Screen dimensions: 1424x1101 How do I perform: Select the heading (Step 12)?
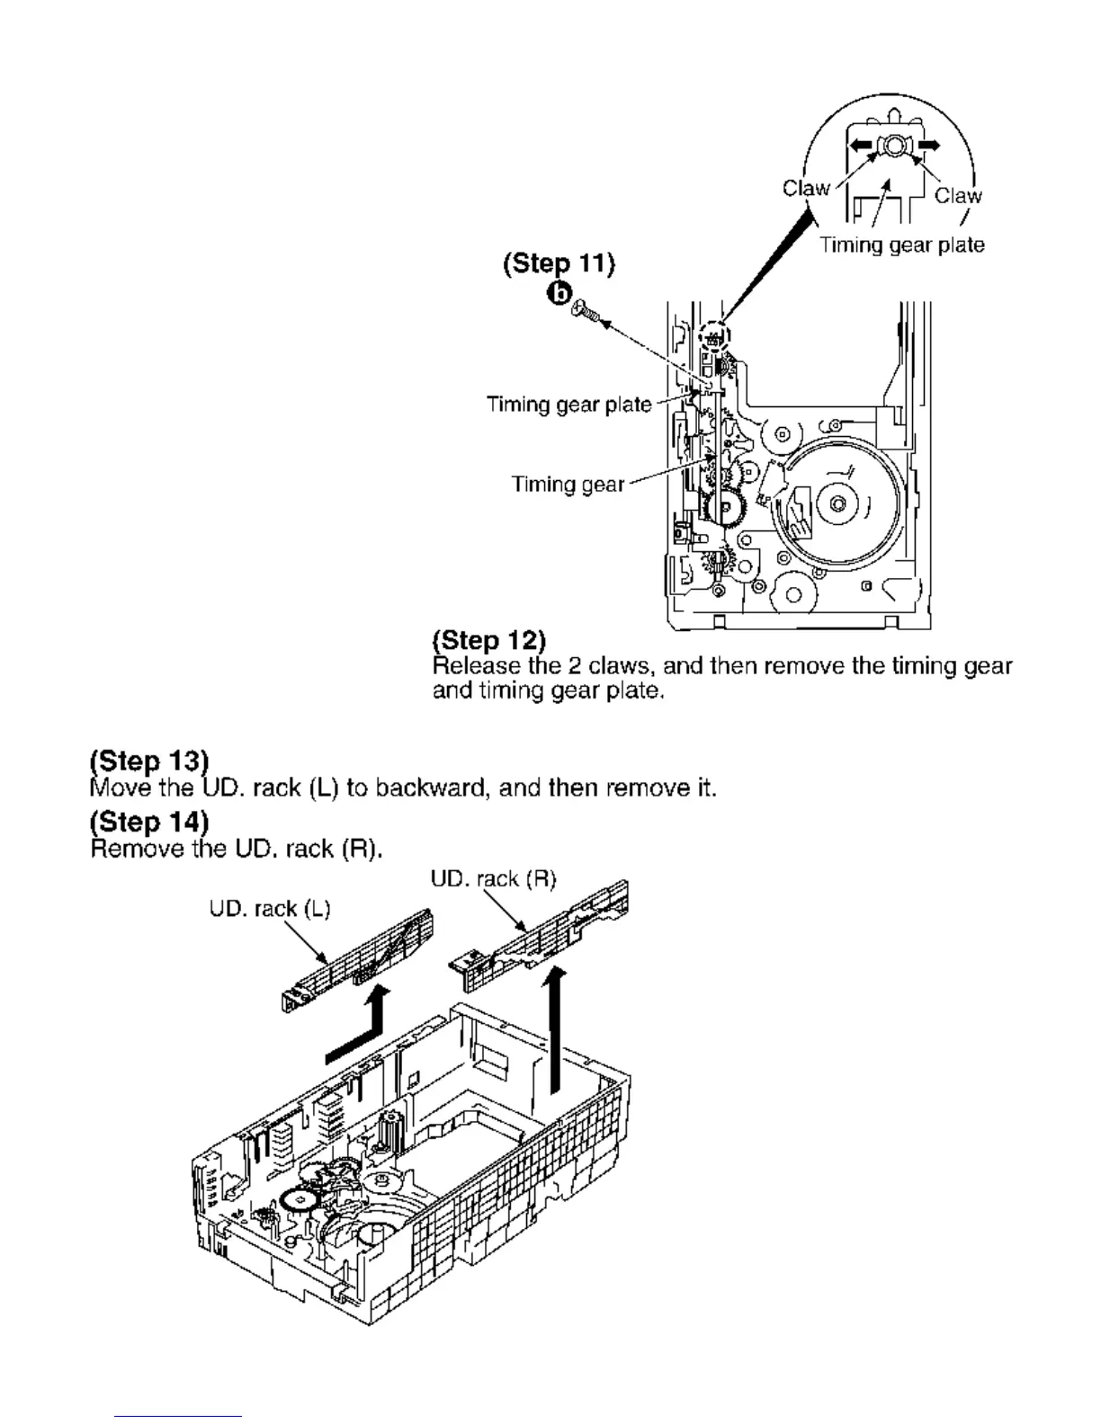488,640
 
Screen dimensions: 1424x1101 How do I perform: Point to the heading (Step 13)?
149,761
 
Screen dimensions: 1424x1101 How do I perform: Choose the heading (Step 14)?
149,822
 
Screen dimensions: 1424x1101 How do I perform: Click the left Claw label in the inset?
806,188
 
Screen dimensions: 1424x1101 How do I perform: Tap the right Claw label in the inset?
958,195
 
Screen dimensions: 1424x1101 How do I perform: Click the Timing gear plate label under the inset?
901,245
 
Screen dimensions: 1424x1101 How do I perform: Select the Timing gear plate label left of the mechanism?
568,405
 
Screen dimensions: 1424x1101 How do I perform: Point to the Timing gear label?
568,485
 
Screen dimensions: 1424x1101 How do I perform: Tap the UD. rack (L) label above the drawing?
270,909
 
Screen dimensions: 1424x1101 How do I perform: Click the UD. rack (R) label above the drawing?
494,879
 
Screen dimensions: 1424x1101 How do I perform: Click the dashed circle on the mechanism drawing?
715,337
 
